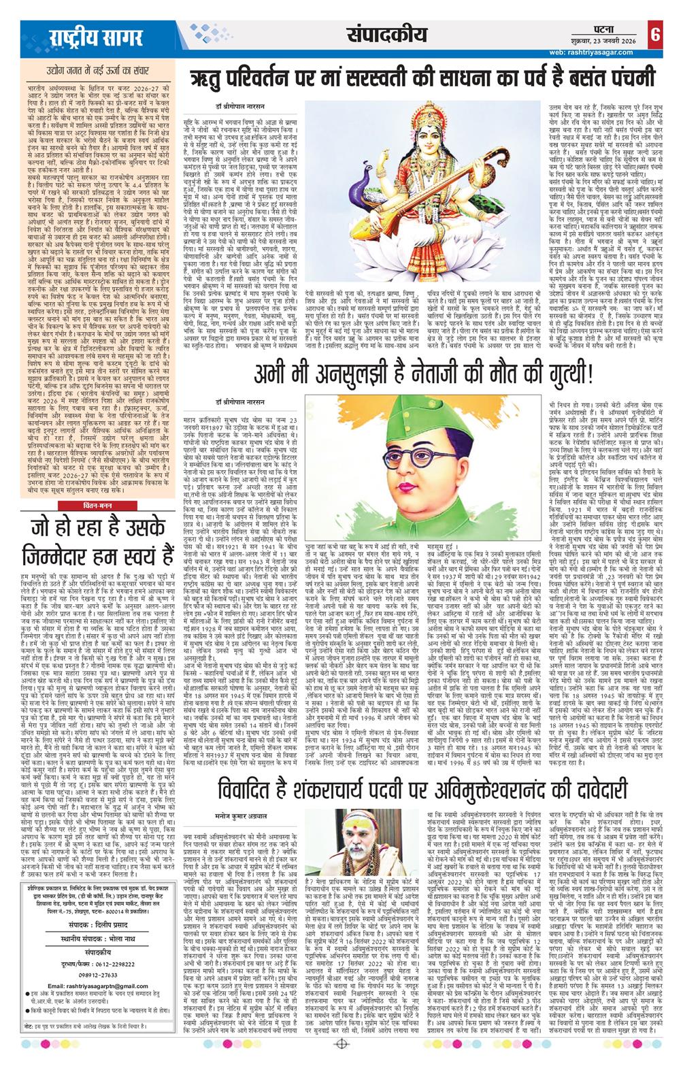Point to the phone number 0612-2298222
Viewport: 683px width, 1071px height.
click(89, 957)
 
